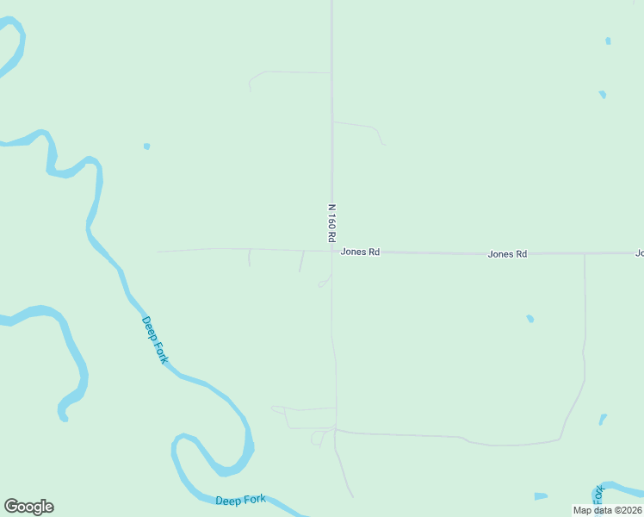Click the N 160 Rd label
[x=331, y=222]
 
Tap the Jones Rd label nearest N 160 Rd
[x=360, y=252]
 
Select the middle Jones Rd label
[x=507, y=254]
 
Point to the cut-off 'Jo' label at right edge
[x=640, y=253]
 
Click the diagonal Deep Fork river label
[x=155, y=339]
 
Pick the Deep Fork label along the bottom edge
[x=240, y=501]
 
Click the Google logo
[x=28, y=507]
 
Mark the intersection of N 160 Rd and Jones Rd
[x=332, y=252]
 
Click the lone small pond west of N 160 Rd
[x=146, y=146]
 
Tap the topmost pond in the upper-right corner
[x=608, y=40]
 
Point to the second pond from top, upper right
[x=602, y=94]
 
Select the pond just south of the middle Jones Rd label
[x=530, y=319]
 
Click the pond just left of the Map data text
[x=541, y=496]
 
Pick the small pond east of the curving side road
[x=603, y=420]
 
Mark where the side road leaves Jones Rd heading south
[x=585, y=255]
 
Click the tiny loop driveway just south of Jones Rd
[x=324, y=282]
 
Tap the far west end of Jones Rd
[x=158, y=252]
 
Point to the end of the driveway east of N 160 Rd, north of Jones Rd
[x=384, y=144]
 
